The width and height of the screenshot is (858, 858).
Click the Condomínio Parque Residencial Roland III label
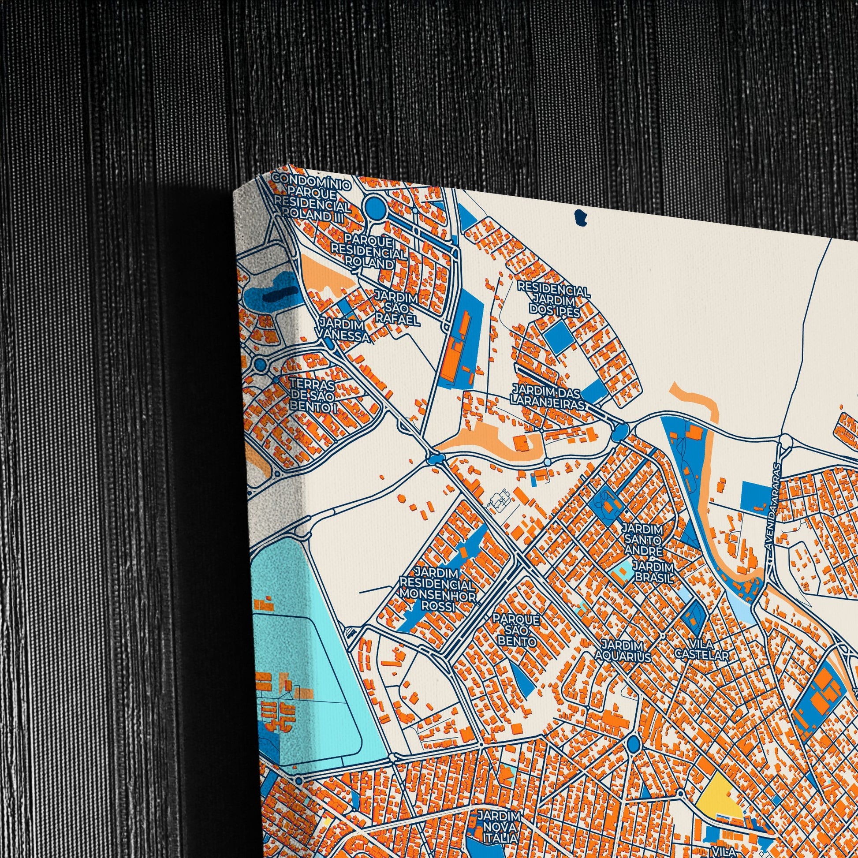312,194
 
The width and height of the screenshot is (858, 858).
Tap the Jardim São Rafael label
396,308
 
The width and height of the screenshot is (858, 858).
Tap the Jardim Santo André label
642,540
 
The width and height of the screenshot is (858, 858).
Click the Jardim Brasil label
653,572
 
